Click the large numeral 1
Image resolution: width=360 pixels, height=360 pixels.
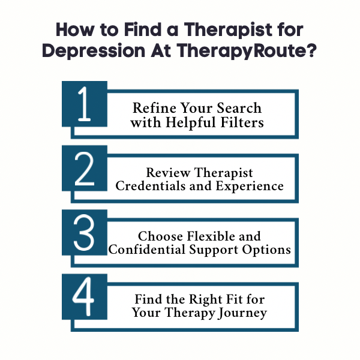[85, 104]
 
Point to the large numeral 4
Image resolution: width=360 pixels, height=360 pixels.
[85, 298]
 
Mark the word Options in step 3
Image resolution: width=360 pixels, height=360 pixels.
[268, 250]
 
